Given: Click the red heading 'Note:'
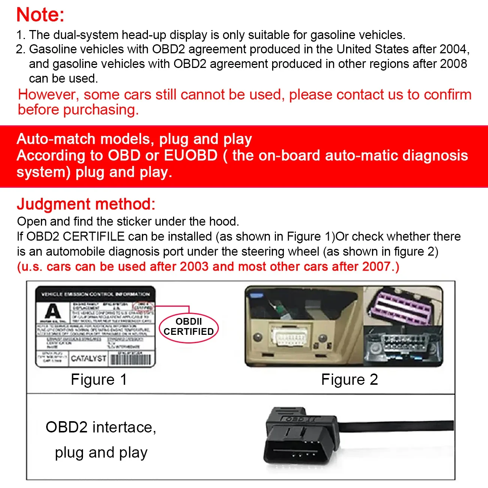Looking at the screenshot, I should [41, 15].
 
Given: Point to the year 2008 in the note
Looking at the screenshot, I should [453, 64].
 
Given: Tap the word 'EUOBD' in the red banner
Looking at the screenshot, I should [191, 155].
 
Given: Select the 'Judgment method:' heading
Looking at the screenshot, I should [86, 204].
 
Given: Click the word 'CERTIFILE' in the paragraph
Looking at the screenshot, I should [93, 236].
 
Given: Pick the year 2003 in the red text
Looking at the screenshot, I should [194, 267].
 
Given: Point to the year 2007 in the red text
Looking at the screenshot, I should [377, 267].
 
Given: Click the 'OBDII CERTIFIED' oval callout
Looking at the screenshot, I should [189, 327].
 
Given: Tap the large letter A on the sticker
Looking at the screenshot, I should [53, 311].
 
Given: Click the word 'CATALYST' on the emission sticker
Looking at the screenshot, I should [89, 358].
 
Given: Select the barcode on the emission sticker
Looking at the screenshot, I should [131, 359].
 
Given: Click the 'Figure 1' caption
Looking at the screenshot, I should [99, 380].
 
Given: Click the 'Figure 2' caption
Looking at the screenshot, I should [349, 380].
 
